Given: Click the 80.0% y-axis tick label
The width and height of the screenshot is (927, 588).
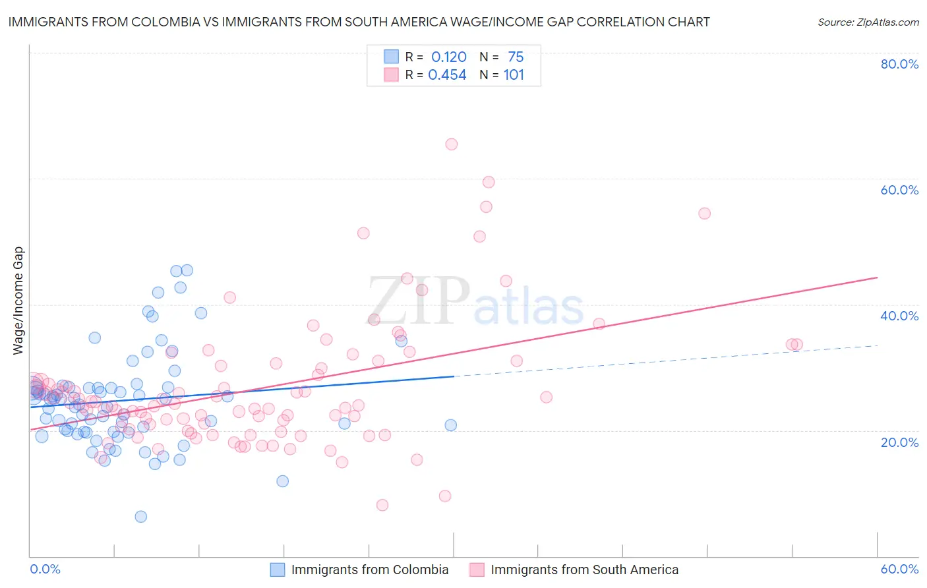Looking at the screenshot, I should (899, 64).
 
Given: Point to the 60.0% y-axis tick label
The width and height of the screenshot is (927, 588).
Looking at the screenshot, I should (899, 190).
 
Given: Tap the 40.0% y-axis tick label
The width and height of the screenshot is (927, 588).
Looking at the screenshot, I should (899, 316).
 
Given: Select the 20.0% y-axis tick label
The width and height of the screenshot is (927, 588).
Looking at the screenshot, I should (899, 442).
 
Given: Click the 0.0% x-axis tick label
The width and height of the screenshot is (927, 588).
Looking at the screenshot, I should (45, 569).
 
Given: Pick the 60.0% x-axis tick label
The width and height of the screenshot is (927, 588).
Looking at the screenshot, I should (899, 569).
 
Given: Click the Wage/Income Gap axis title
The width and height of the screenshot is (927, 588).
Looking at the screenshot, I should (18, 301).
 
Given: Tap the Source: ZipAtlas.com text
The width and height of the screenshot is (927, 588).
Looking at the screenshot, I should (868, 22).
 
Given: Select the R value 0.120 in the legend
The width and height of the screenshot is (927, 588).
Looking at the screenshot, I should (448, 57).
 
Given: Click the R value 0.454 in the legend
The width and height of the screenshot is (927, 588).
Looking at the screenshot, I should (447, 75).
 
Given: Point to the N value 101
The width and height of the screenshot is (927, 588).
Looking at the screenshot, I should (514, 75).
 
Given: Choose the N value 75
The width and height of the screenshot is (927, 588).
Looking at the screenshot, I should (516, 57).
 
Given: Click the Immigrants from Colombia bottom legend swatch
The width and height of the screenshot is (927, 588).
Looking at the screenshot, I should (278, 570).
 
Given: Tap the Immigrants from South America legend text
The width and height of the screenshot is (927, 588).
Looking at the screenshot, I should (584, 570).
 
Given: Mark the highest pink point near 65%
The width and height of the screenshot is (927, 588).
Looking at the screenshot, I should (452, 144).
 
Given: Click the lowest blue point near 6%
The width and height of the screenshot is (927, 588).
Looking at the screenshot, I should (140, 517).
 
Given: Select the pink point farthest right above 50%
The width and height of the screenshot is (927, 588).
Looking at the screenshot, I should (704, 214).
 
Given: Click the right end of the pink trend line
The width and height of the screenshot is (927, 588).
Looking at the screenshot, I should (878, 278).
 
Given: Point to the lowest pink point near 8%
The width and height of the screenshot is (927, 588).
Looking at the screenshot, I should (382, 505).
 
